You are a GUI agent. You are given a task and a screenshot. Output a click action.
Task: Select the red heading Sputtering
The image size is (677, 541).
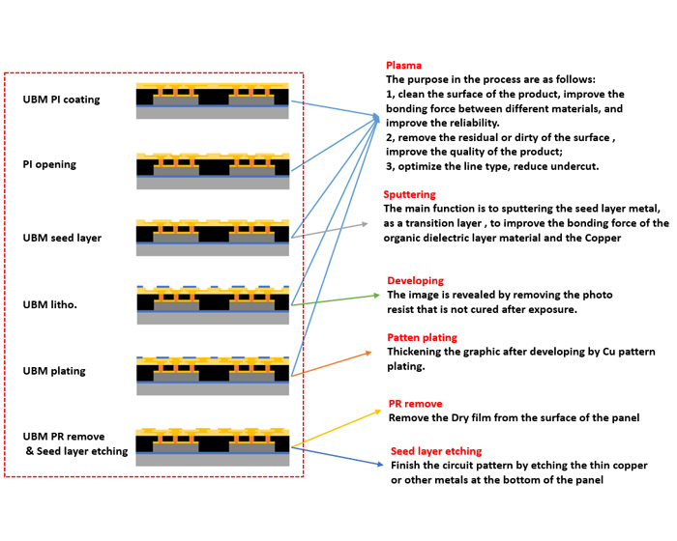[409, 194]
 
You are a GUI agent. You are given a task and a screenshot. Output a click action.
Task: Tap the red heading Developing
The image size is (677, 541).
[415, 280]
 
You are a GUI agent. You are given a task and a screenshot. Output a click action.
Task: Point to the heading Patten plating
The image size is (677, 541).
[423, 337]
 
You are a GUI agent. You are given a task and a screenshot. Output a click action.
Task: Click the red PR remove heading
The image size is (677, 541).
[417, 404]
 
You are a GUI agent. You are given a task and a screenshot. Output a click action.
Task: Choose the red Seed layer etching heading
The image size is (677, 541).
[435, 451]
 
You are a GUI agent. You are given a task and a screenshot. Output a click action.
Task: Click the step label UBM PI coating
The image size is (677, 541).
[61, 100]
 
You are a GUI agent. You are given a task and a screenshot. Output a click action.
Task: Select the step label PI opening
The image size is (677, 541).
[49, 164]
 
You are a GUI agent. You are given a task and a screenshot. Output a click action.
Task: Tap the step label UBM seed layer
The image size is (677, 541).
[62, 237]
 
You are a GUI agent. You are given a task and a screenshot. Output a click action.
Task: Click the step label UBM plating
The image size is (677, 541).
[56, 370]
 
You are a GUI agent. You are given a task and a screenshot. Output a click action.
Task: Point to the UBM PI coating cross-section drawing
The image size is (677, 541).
[213, 100]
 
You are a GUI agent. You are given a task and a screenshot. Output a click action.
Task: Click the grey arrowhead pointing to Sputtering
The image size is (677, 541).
[365, 223]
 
